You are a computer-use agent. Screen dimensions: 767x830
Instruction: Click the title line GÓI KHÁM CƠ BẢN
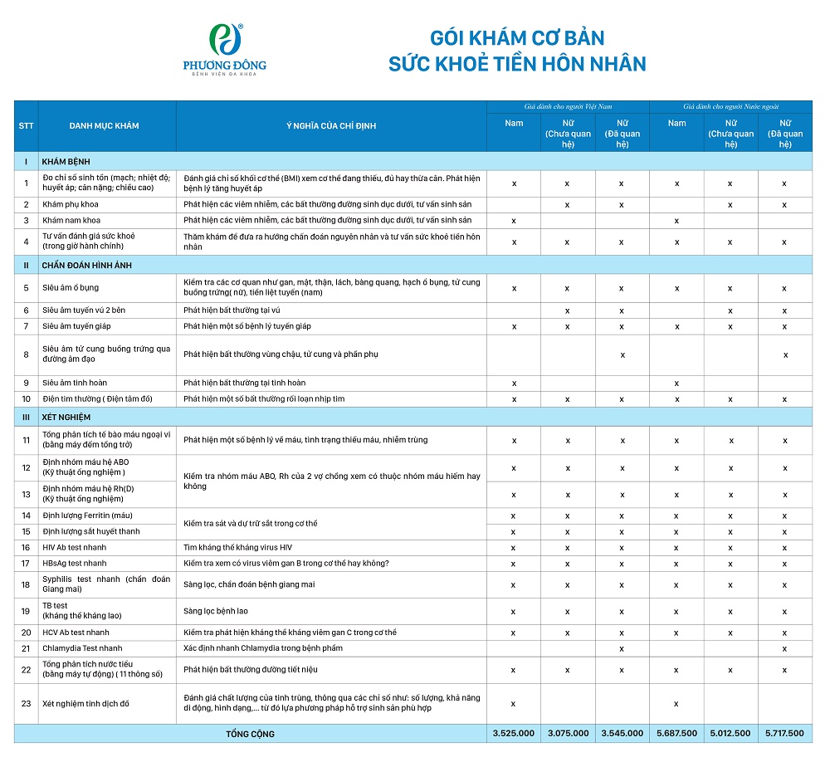pyautogui.click(x=516, y=38)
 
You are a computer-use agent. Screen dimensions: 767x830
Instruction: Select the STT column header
pyautogui.click(x=26, y=126)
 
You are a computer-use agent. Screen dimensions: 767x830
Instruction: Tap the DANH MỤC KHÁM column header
pyautogui.click(x=105, y=126)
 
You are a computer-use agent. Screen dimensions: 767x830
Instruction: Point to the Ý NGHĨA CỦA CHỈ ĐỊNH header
pyautogui.click(x=331, y=126)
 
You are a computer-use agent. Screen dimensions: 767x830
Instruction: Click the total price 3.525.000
pyautogui.click(x=514, y=734)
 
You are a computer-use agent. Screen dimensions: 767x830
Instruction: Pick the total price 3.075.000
pyautogui.click(x=568, y=734)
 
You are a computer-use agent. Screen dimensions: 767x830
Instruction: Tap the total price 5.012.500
pyautogui.click(x=730, y=734)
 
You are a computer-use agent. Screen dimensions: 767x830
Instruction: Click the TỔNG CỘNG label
pyautogui.click(x=250, y=734)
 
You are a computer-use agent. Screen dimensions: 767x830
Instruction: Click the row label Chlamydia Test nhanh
pyautogui.click(x=82, y=648)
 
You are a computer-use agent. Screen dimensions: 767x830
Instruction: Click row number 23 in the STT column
pyautogui.click(x=26, y=704)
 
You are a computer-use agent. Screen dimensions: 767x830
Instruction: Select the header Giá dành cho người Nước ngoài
pyautogui.click(x=730, y=107)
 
